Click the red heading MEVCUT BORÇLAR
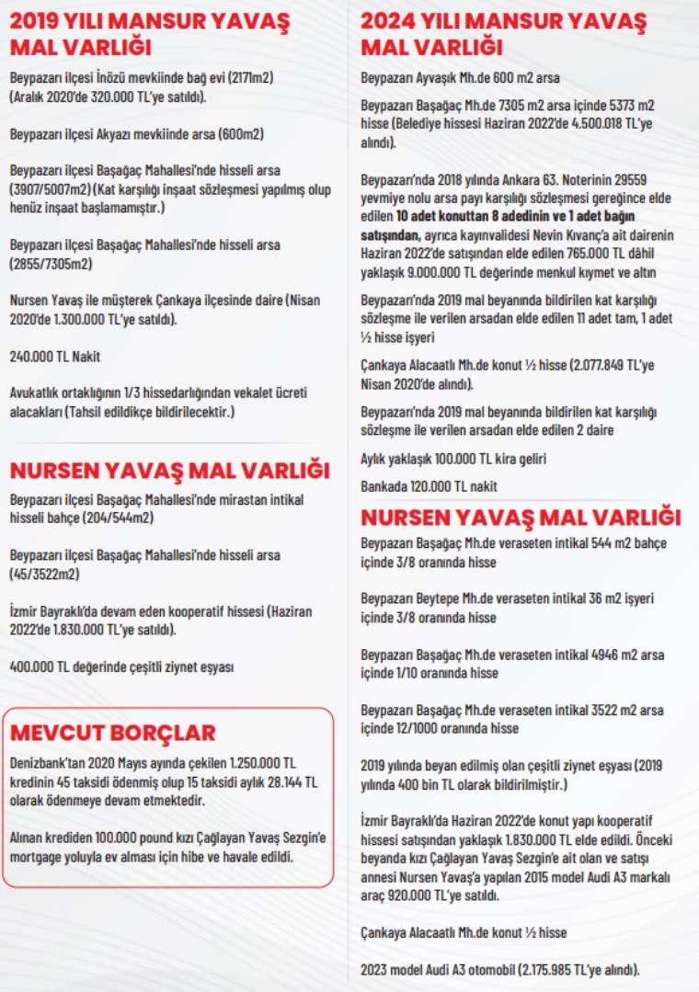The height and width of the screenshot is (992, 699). click(112, 732)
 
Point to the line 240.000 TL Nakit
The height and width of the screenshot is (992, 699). click(55, 356)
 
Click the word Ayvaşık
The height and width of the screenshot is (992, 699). click(448, 77)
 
